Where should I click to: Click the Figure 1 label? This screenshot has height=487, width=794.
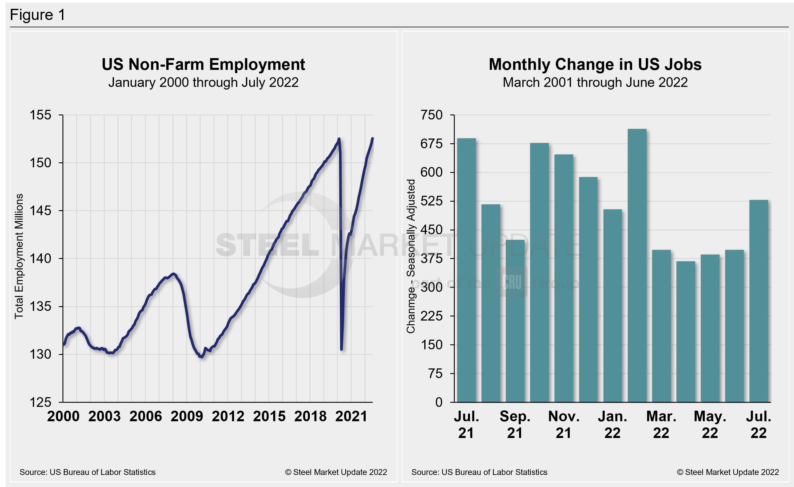pyautogui.click(x=38, y=15)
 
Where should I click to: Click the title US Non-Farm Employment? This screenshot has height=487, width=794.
pyautogui.click(x=203, y=64)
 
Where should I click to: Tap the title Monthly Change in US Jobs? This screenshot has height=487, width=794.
pyautogui.click(x=595, y=64)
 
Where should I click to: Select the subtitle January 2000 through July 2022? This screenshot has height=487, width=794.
pyautogui.click(x=203, y=82)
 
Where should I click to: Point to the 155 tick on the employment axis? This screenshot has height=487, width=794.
pyautogui.click(x=40, y=115)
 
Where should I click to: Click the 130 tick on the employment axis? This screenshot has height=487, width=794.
pyautogui.click(x=40, y=354)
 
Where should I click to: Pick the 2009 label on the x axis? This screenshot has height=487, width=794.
pyautogui.click(x=187, y=416)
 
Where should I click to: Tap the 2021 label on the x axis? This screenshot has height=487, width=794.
pyautogui.click(x=351, y=416)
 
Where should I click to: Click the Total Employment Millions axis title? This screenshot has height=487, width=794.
pyautogui.click(x=19, y=256)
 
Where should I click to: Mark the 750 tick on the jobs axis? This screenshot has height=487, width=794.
pyautogui.click(x=432, y=115)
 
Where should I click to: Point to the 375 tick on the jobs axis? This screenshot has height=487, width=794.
pyautogui.click(x=432, y=259)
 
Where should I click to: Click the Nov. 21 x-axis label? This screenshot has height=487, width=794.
pyautogui.click(x=564, y=424)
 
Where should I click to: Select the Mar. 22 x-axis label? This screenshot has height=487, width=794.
pyautogui.click(x=661, y=424)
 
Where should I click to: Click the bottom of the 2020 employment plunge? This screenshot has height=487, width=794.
pyautogui.click(x=341, y=349)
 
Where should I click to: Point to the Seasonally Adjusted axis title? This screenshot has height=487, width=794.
pyautogui.click(x=411, y=256)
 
